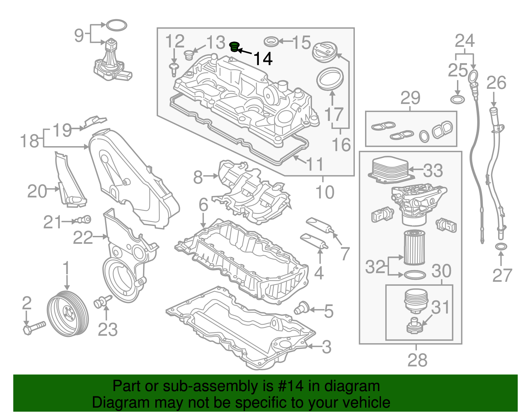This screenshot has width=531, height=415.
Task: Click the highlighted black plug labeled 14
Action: coord(235,47)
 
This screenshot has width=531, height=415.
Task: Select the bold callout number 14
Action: coord(263,59)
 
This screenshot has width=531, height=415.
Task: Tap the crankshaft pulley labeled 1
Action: coord(68,313)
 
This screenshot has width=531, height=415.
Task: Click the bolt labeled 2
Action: coord(34,327)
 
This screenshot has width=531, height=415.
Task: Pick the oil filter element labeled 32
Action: coord(414,248)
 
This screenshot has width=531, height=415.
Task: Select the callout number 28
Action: coord(417,360)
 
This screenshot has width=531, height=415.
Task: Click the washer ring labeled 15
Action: coord(271,42)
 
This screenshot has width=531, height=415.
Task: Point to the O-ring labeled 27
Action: coord(501,247)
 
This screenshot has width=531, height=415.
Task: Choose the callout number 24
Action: coord(465,41)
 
